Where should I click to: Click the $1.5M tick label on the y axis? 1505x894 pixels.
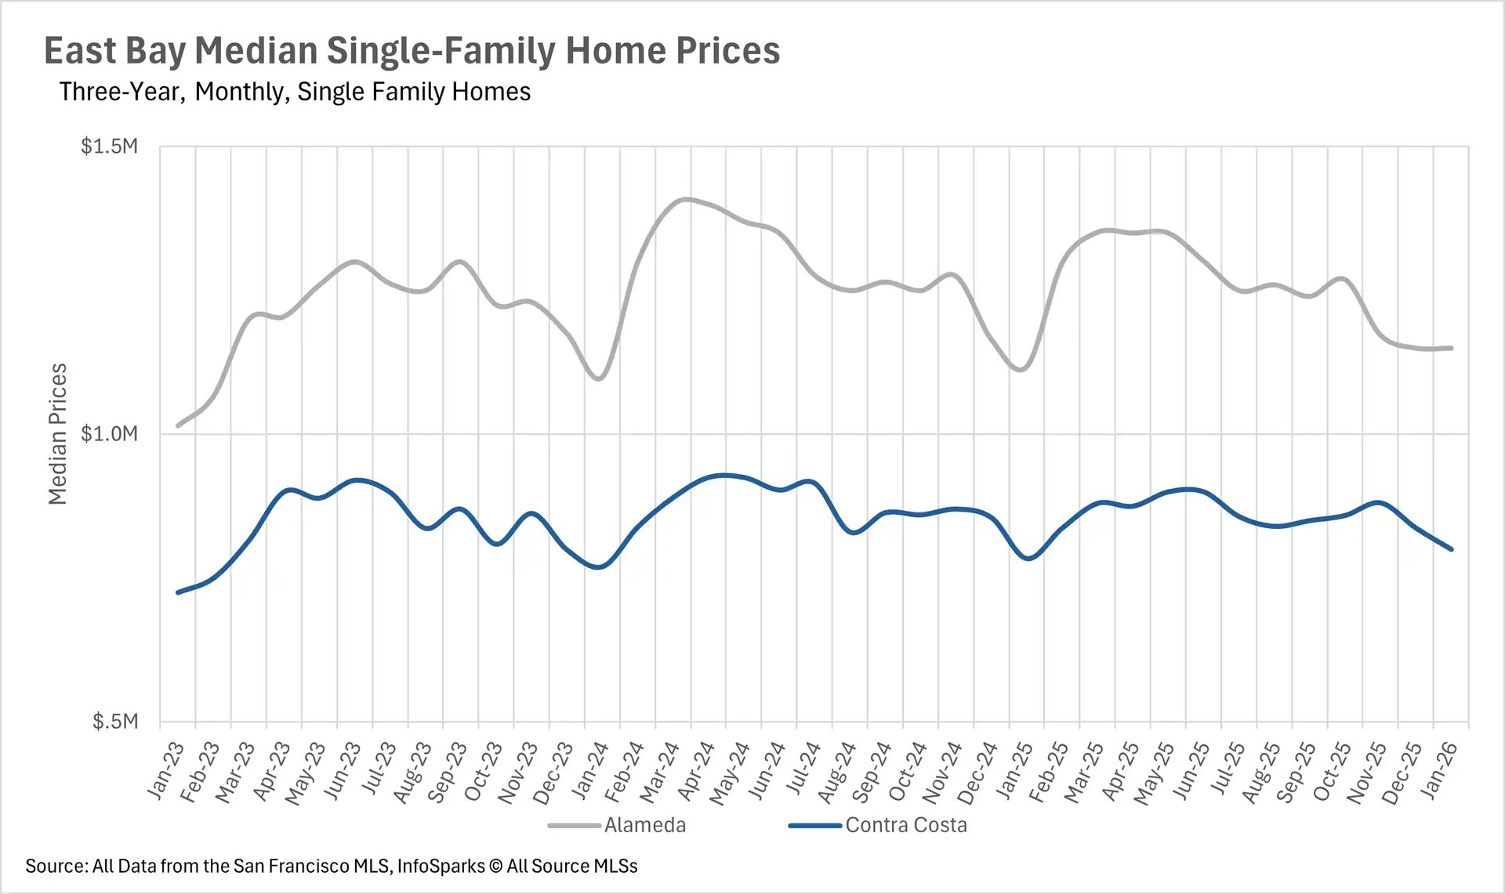109,147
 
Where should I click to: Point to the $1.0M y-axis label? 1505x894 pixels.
109,433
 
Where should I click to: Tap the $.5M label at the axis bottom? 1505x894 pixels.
114,721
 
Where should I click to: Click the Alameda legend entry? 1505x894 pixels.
644,825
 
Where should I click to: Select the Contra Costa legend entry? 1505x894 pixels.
905,825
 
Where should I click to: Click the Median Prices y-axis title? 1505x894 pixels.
57,434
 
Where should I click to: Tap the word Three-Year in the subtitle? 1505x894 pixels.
120,92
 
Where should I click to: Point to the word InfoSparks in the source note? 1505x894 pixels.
441,866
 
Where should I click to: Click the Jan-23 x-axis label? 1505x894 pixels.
165,771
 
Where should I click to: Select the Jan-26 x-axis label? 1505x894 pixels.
1439,771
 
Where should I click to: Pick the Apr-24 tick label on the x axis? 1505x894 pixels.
695,771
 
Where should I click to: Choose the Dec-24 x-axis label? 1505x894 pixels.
977,773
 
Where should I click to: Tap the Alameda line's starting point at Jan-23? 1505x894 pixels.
179,425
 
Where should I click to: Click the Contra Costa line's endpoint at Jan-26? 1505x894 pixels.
1452,549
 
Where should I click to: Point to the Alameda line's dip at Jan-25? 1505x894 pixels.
1021,369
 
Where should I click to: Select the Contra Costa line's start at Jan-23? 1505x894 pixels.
179,592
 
